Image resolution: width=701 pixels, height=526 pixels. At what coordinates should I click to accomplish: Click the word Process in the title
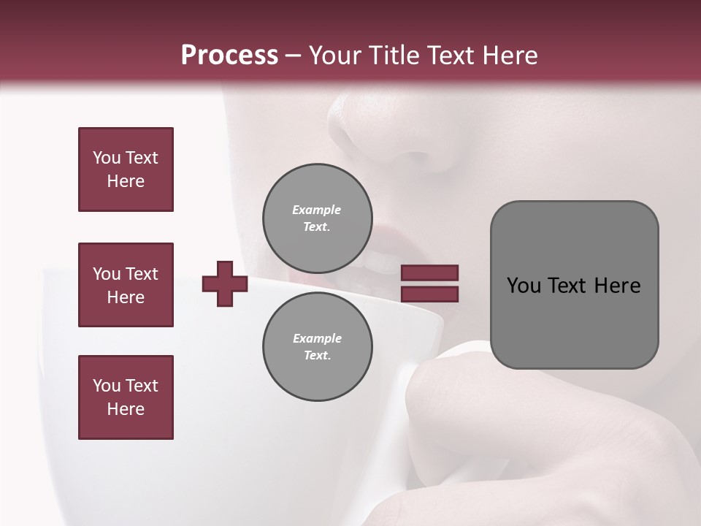229,56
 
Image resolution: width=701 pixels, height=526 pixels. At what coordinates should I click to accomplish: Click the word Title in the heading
394,56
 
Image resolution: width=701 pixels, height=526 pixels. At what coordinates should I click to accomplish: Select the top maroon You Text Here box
126,169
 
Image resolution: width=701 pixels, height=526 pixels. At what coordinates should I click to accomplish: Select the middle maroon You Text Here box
126,285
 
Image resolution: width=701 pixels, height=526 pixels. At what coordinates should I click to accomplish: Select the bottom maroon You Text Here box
126,397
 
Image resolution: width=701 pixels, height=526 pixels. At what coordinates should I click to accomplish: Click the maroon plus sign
225,283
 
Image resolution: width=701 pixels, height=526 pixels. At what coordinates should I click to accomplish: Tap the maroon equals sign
429,283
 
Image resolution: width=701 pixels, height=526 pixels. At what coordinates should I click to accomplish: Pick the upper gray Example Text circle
317,218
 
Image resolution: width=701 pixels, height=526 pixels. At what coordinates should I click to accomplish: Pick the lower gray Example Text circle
317,346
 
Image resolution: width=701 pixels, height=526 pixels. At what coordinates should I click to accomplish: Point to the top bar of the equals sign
429,273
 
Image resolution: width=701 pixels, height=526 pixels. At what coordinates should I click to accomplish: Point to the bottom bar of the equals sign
429,294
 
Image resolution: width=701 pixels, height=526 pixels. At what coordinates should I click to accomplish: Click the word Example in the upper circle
317,210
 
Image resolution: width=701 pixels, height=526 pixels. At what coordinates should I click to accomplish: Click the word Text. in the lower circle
317,355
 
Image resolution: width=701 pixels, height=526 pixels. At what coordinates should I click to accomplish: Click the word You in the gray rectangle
524,286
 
